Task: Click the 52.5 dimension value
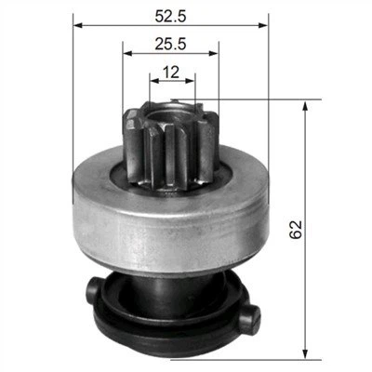pyautogui.click(x=170, y=16)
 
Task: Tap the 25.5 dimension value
pyautogui.click(x=170, y=44)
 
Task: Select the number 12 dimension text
pyautogui.click(x=171, y=72)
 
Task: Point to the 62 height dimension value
pyautogui.click(x=296, y=229)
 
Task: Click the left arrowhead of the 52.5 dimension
pyautogui.click(x=77, y=25)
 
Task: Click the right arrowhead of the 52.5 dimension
pyautogui.click(x=263, y=25)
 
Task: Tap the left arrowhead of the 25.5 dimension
pyautogui.click(x=127, y=53)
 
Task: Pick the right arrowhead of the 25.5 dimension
pyautogui.click(x=214, y=53)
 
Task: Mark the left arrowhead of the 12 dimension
pyautogui.click(x=154, y=81)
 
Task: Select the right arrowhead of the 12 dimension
pyautogui.click(x=191, y=81)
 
